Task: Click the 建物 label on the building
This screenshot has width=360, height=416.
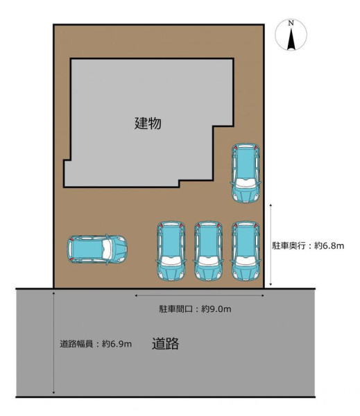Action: [x=148, y=123]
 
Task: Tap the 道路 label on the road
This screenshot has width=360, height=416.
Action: [x=165, y=344]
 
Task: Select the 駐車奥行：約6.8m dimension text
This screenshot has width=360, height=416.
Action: [x=308, y=245]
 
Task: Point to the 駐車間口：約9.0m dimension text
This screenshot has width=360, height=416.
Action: [x=195, y=309]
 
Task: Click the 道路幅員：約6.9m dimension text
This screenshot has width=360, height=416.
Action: [x=96, y=344]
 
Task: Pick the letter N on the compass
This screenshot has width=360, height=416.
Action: [x=291, y=23]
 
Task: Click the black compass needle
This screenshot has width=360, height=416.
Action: [x=291, y=39]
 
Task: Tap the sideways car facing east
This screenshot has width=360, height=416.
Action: [x=97, y=250]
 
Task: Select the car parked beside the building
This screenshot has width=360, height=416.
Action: [x=246, y=173]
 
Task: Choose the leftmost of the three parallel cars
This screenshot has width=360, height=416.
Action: [x=171, y=251]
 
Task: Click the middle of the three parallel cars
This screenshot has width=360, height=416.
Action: [x=208, y=251]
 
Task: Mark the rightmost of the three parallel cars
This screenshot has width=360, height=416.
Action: [x=246, y=251]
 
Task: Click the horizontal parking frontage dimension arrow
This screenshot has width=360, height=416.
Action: [x=199, y=295]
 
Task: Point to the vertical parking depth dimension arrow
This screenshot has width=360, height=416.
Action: [x=271, y=245]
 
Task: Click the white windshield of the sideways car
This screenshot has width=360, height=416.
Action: [x=107, y=250]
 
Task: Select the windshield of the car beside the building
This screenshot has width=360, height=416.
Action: [x=246, y=183]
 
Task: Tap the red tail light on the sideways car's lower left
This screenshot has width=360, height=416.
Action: [x=71, y=259]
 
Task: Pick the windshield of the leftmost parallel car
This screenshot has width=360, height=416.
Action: [x=171, y=261]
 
